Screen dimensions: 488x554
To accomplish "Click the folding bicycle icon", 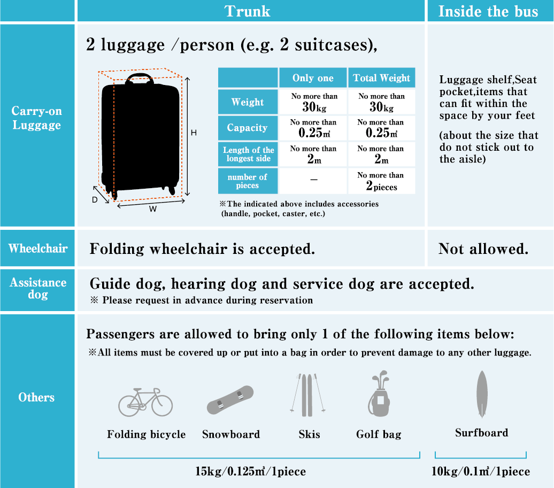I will click(146, 401).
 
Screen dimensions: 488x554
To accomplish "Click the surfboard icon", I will click(481, 394).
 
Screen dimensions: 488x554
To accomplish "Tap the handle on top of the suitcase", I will click(138, 79).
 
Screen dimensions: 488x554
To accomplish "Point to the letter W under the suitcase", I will click(152, 209).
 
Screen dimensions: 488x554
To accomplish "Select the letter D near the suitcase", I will click(95, 199).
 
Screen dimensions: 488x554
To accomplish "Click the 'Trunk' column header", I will click(248, 11).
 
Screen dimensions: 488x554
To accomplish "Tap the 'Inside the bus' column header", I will click(488, 11).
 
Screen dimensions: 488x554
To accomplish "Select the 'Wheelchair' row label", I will click(37, 249).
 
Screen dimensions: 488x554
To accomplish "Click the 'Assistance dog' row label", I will click(37, 288).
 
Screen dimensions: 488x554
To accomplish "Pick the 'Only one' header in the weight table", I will click(313, 78).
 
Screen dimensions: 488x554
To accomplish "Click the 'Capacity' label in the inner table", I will click(247, 128).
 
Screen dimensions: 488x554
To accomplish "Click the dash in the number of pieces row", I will click(313, 181).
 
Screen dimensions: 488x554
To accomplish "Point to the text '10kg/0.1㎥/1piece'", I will click(480, 471).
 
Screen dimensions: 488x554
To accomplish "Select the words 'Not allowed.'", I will click(483, 249).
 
